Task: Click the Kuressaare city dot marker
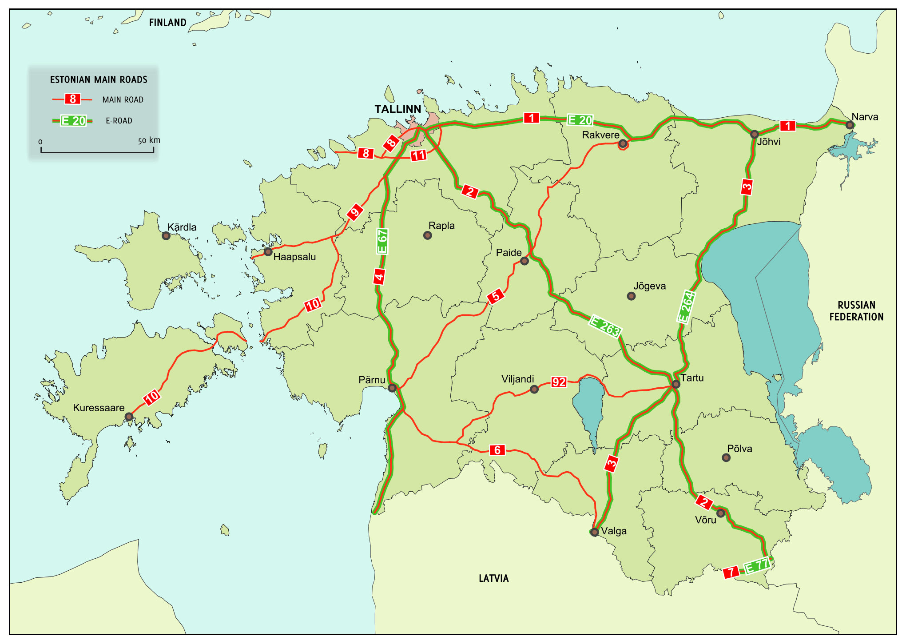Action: [x=129, y=417]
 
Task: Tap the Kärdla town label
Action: [x=182, y=227]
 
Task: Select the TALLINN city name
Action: [x=397, y=109]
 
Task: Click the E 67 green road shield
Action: [x=382, y=241]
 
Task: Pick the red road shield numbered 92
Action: [x=559, y=382]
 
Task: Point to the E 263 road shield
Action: [x=604, y=326]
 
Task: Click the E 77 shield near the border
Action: [x=757, y=566]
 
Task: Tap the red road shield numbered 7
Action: [x=730, y=572]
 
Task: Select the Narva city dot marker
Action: [x=850, y=125]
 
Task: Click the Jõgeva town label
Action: [x=649, y=286]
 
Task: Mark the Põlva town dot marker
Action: [x=726, y=457]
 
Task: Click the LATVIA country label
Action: [x=493, y=578]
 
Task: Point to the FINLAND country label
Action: [x=167, y=23]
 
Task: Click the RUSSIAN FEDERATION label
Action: [x=856, y=311]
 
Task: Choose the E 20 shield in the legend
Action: [x=73, y=121]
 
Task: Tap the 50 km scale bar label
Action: [x=149, y=140]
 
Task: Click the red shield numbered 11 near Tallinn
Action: [x=418, y=155]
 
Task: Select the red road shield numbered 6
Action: [x=497, y=450]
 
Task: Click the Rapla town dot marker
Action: [x=427, y=235]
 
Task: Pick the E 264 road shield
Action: [x=686, y=307]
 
